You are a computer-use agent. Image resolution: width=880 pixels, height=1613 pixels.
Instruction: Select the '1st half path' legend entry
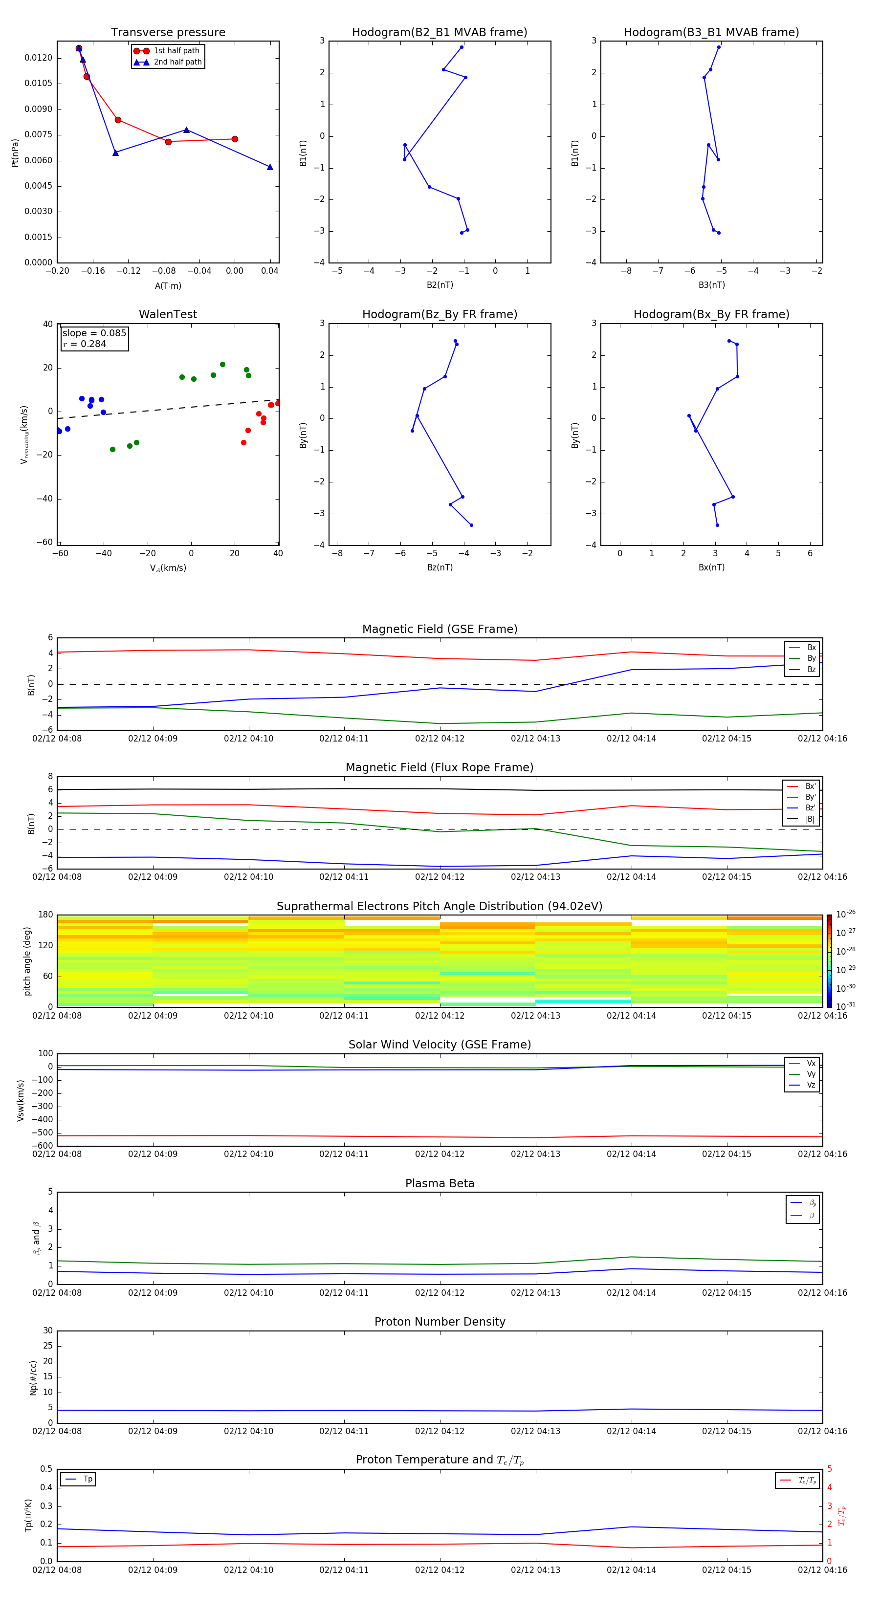[176, 51]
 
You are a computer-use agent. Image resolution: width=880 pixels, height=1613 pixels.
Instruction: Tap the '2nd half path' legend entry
[177, 62]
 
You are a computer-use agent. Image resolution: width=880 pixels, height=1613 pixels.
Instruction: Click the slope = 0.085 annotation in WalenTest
[94, 333]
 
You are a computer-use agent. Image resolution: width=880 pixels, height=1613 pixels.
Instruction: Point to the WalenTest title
[168, 314]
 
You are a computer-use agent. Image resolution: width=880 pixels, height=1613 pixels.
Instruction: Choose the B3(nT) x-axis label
[711, 285]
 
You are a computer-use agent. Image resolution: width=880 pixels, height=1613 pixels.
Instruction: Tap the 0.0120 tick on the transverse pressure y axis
[38, 58]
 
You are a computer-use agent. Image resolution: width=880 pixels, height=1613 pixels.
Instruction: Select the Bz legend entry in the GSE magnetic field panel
[811, 669]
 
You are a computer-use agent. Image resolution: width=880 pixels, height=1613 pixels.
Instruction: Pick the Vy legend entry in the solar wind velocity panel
[811, 1074]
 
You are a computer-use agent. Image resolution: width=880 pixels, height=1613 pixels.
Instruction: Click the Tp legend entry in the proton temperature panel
[88, 1479]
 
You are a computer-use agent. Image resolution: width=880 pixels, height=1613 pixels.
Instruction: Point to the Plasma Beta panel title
[439, 1183]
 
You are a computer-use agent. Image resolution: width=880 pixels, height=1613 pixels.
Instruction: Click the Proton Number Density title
[439, 1322]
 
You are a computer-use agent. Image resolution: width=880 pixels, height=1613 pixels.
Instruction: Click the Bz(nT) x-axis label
[439, 567]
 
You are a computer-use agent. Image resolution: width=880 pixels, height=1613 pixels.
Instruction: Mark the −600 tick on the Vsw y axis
[43, 1146]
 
